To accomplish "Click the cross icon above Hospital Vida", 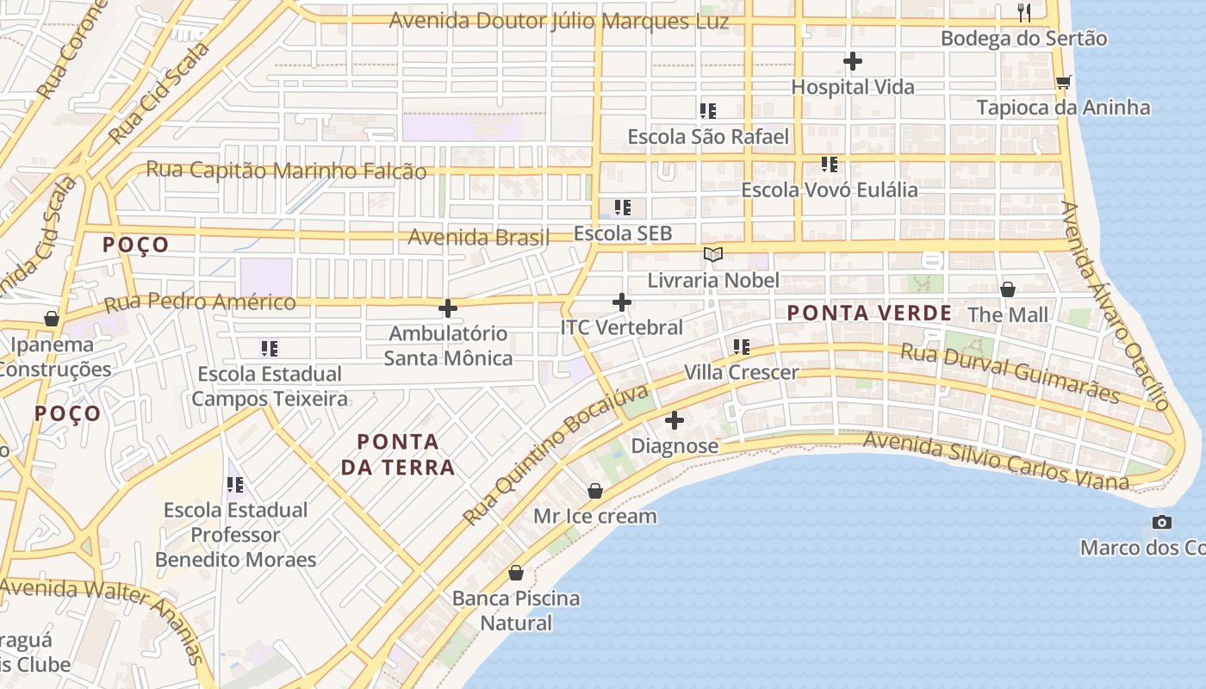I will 853,61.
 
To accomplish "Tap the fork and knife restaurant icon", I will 1024,12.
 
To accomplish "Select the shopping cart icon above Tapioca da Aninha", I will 1063,82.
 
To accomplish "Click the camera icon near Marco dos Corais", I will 1162,522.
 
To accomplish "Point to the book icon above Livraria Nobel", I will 712,254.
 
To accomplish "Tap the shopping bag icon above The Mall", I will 1007,289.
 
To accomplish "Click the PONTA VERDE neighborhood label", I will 869,313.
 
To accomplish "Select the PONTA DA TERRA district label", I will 398,455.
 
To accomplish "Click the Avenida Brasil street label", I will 478,237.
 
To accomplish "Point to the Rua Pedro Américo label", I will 200,302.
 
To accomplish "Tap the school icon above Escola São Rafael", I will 708,110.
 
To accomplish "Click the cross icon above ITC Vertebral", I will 621,302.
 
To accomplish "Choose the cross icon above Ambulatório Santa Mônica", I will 448,307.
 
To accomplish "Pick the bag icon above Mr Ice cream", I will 594,491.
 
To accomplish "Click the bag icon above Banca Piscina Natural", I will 516,573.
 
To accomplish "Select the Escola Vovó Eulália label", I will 830,189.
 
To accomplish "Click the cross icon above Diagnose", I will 674,420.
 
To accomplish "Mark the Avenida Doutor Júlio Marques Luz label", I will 558,22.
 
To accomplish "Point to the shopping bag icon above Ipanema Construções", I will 52,319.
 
